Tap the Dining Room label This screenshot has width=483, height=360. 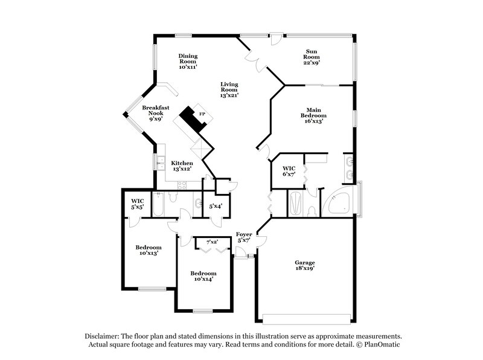pos(188,62)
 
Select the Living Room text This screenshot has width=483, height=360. pos(229,89)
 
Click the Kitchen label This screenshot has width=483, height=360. pos(182,166)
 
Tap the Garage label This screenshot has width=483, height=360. pos(305,266)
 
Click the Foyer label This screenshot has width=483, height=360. pos(244,237)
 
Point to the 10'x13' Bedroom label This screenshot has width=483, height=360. pos(148,251)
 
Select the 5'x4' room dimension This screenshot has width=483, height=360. pos(216,206)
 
